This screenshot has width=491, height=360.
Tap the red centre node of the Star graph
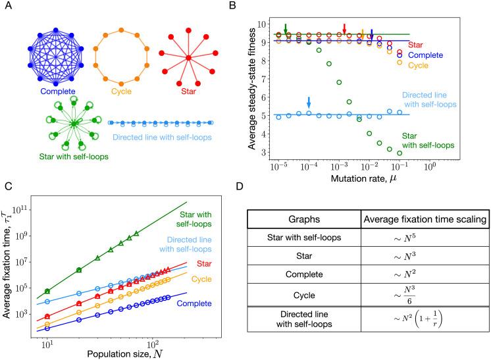(188, 59)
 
